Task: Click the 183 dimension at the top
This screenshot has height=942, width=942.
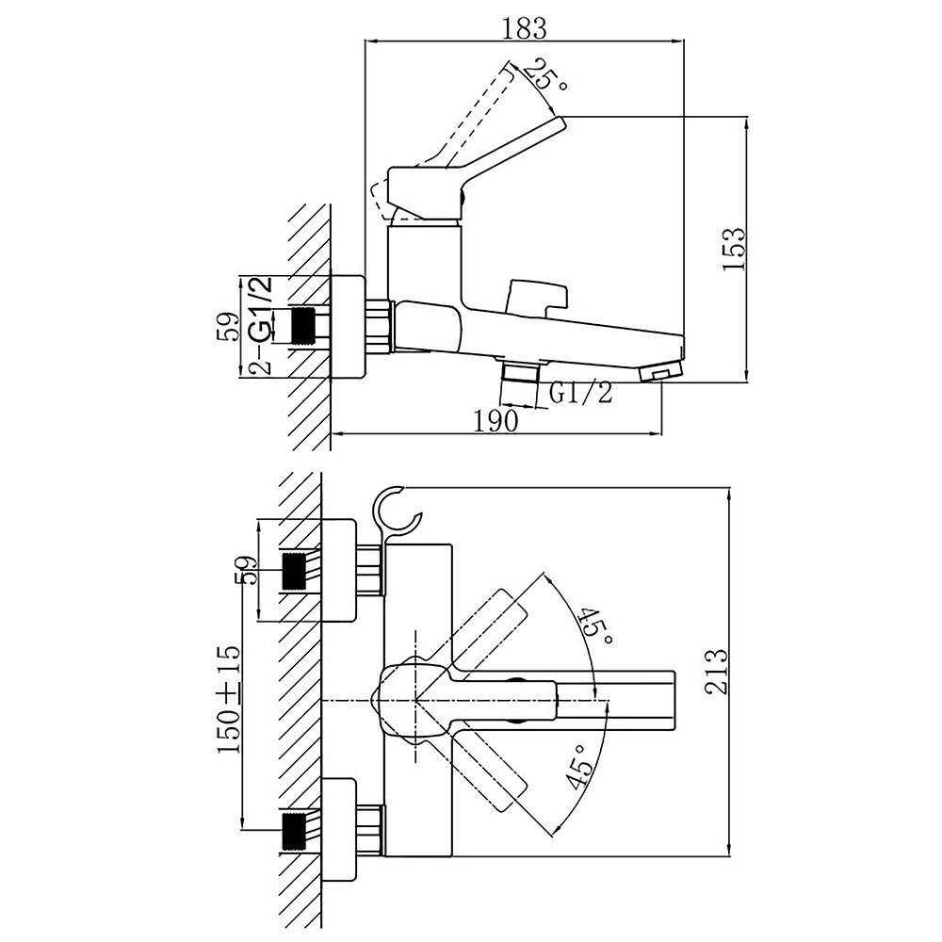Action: pos(524,28)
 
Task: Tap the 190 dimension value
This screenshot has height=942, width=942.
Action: pos(496,420)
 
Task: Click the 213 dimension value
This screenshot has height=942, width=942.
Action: pos(718,671)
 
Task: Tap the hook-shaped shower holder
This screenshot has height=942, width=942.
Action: pos(393,514)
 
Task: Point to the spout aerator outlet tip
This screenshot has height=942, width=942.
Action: pos(660,375)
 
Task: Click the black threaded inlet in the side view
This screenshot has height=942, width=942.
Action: pos(302,326)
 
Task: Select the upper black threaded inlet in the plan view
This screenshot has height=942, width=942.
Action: pos(296,570)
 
